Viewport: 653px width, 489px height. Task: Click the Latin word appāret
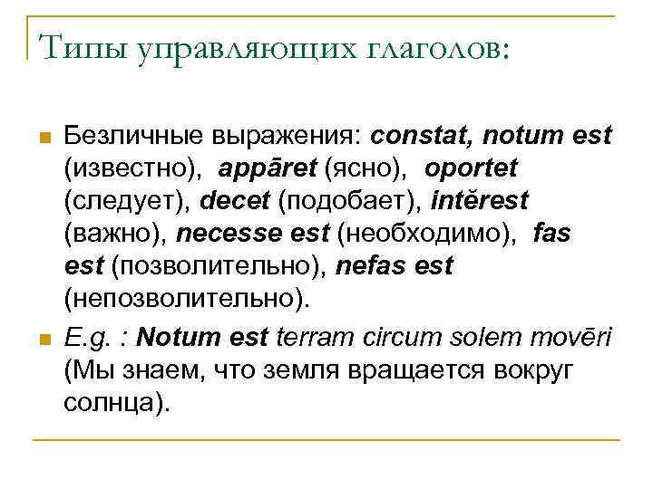tap(267, 169)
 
